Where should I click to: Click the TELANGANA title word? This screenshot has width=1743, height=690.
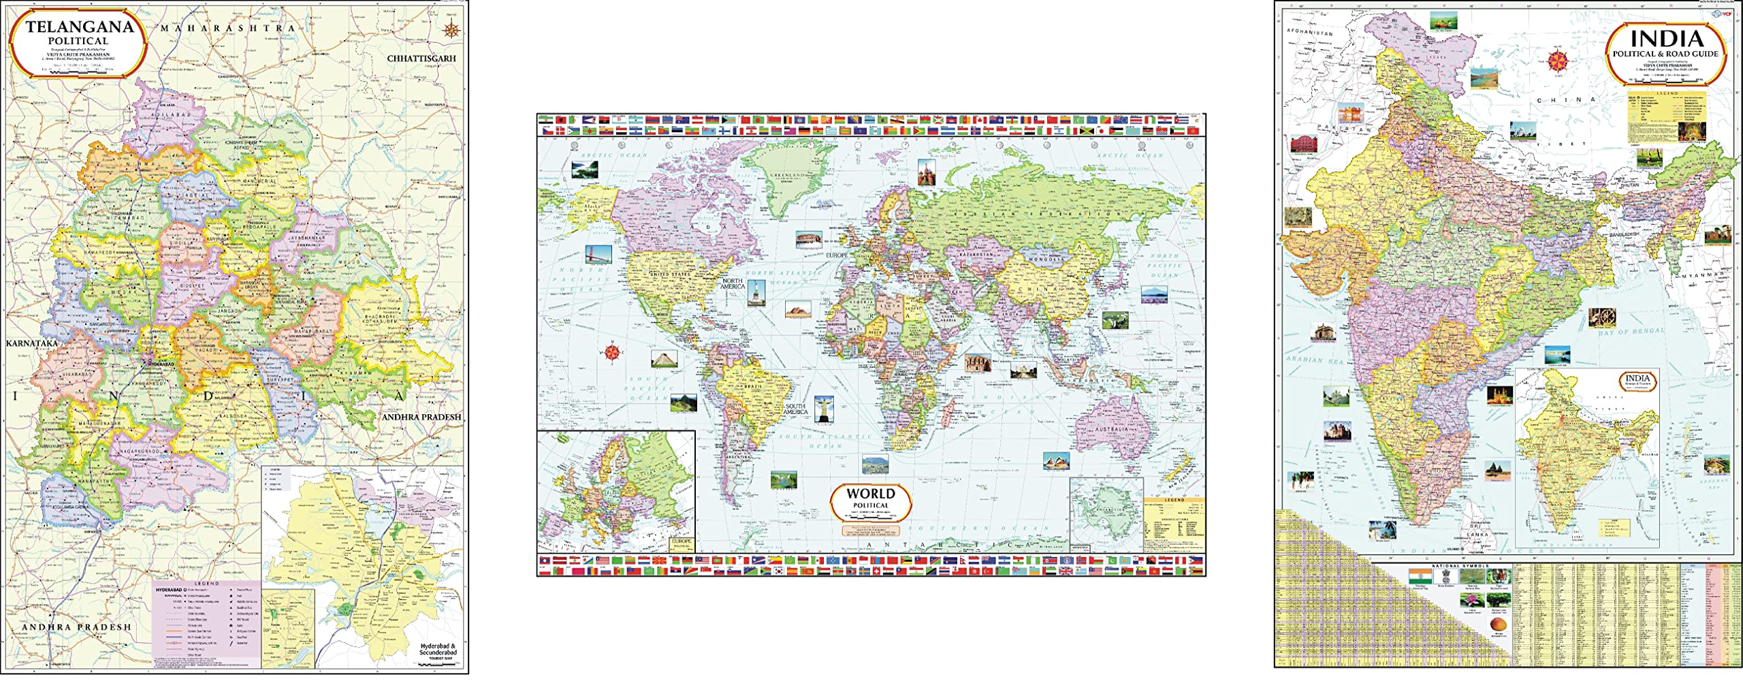click(80, 29)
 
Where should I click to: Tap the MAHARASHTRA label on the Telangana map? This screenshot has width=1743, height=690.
click(227, 29)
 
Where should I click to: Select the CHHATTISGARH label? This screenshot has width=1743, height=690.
click(421, 59)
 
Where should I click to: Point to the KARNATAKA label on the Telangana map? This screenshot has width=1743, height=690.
click(32, 343)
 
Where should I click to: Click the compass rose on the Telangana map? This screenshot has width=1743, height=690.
click(451, 29)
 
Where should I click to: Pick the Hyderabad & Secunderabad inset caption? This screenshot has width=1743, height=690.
click(438, 648)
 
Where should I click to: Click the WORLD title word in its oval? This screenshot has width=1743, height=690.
click(870, 494)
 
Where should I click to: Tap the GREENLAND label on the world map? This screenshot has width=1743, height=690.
click(788, 175)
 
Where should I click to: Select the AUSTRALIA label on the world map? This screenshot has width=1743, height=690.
click(1110, 430)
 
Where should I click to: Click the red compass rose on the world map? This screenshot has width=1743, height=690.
click(611, 352)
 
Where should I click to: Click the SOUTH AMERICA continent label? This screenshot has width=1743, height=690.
click(795, 409)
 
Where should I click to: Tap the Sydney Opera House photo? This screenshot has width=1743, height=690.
click(1055, 461)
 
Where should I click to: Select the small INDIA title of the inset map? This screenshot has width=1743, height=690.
click(1637, 379)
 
